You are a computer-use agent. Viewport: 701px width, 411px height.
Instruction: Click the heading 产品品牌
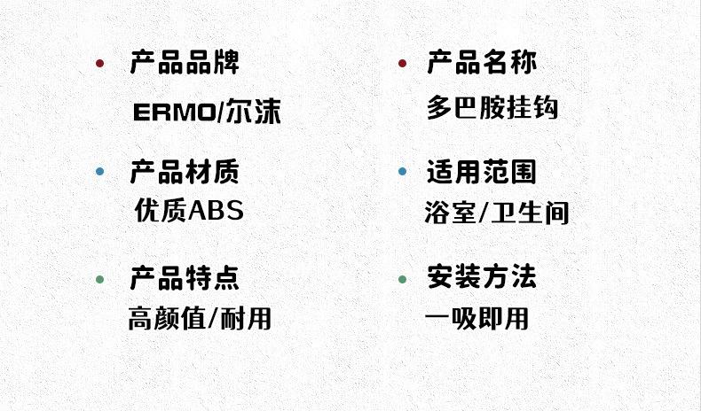click(185, 63)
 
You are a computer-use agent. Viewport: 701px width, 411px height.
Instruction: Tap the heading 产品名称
click(482, 63)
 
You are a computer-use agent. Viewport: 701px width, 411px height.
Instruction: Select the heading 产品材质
click(185, 171)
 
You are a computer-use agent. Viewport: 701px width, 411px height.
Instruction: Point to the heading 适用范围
click(482, 171)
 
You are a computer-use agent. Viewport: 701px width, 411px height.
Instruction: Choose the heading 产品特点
click(185, 278)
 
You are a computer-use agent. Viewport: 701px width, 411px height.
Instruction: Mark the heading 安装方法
click(482, 278)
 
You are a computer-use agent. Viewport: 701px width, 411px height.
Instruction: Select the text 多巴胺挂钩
click(492, 108)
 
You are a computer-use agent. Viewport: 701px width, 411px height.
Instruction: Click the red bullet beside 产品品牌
click(100, 63)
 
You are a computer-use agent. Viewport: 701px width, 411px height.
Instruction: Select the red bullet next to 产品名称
click(402, 63)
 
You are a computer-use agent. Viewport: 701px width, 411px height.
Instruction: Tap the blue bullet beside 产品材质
click(100, 171)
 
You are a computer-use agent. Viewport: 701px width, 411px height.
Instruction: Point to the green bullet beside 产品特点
click(100, 279)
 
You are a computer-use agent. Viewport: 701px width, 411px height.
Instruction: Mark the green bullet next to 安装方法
click(402, 279)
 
